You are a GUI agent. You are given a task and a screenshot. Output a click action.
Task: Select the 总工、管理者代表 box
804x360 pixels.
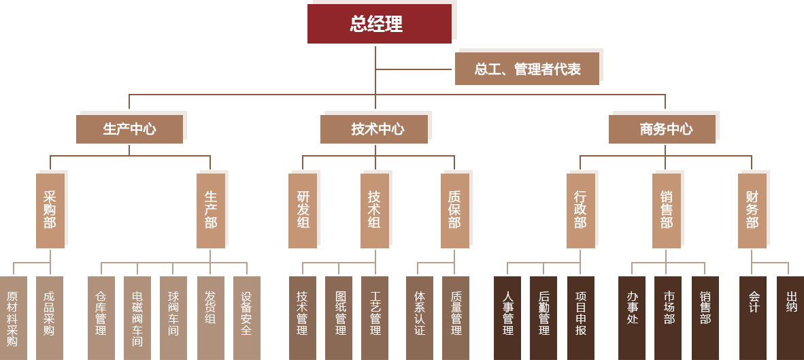[x=527, y=69]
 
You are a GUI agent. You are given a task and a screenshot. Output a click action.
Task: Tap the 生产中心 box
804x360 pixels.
[x=129, y=129]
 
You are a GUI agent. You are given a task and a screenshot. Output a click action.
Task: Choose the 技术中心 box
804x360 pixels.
[x=374, y=129]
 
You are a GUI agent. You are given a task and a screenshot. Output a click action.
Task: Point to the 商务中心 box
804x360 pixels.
[x=662, y=129]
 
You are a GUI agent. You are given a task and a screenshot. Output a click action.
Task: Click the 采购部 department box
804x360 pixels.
[x=50, y=210]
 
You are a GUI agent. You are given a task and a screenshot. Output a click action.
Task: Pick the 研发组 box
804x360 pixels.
[x=303, y=210]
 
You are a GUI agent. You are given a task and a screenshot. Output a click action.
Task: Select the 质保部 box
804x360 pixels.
[x=454, y=210]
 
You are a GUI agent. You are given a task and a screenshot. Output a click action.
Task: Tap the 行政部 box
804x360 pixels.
[x=580, y=210]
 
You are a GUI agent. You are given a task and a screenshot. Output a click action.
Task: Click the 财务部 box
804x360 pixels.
[x=752, y=210]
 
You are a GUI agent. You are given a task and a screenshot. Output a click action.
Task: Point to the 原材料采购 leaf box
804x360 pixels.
[x=13, y=318]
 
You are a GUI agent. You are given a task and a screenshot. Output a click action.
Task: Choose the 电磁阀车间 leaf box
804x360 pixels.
[x=137, y=318]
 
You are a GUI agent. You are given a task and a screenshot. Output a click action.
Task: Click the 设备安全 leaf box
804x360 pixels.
[x=246, y=318]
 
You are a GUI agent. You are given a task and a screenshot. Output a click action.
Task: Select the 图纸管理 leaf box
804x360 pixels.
[x=339, y=318]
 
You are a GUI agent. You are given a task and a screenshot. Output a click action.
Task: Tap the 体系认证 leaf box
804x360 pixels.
[x=420, y=318]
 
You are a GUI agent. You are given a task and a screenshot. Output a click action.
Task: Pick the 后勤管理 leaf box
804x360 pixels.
[x=543, y=318]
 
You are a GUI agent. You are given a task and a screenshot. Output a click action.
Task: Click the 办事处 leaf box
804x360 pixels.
[x=632, y=318]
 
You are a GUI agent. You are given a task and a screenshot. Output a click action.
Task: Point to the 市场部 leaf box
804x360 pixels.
[x=668, y=318]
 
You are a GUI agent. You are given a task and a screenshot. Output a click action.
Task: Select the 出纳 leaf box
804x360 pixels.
[x=790, y=318]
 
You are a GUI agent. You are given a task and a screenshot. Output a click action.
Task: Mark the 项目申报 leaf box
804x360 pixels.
[x=581, y=318]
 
